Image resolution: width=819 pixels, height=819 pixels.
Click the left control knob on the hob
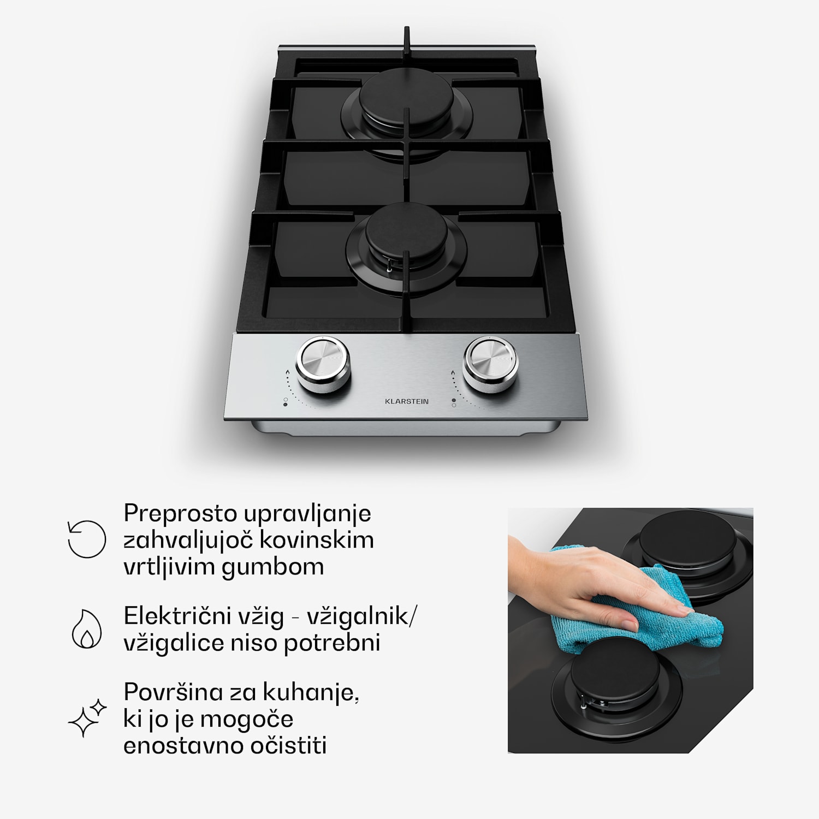click(323, 363)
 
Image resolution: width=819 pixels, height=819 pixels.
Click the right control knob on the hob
click(490, 363)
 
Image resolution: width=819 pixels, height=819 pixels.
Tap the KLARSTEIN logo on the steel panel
click(407, 401)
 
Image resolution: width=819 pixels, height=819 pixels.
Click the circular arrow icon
click(87, 539)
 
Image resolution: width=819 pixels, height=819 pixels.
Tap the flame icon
click(87, 628)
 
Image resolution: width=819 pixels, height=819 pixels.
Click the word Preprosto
click(180, 514)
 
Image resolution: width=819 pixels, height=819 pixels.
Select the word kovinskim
click(316, 540)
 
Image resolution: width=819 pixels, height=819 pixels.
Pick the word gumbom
click(273, 567)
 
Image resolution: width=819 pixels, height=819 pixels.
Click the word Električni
click(177, 616)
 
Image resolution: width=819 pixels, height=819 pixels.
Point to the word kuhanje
click(311, 693)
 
